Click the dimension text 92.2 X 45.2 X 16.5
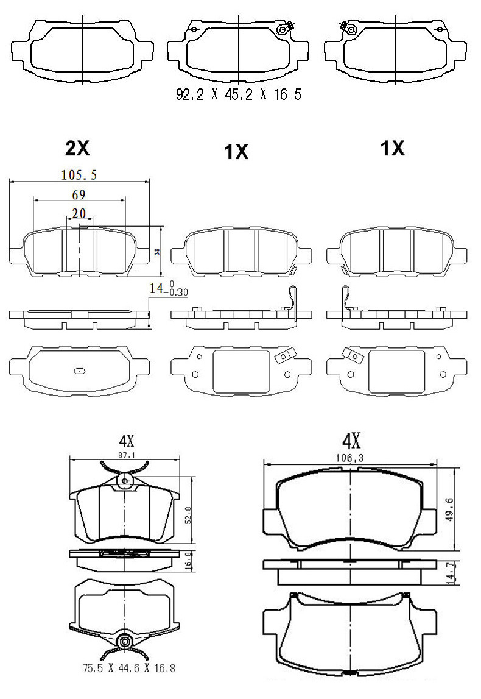pyautogui.click(x=238, y=95)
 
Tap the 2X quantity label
pyautogui.click(x=77, y=147)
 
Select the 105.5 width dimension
pyautogui.click(x=79, y=175)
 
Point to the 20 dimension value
pyautogui.click(x=79, y=213)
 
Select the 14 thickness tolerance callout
pyautogui.click(x=169, y=289)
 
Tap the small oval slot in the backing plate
pyautogui.click(x=80, y=370)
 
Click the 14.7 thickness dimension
pyautogui.click(x=450, y=572)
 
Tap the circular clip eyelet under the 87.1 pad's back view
pyautogui.click(x=125, y=640)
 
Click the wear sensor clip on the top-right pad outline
pyautogui.click(x=349, y=27)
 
